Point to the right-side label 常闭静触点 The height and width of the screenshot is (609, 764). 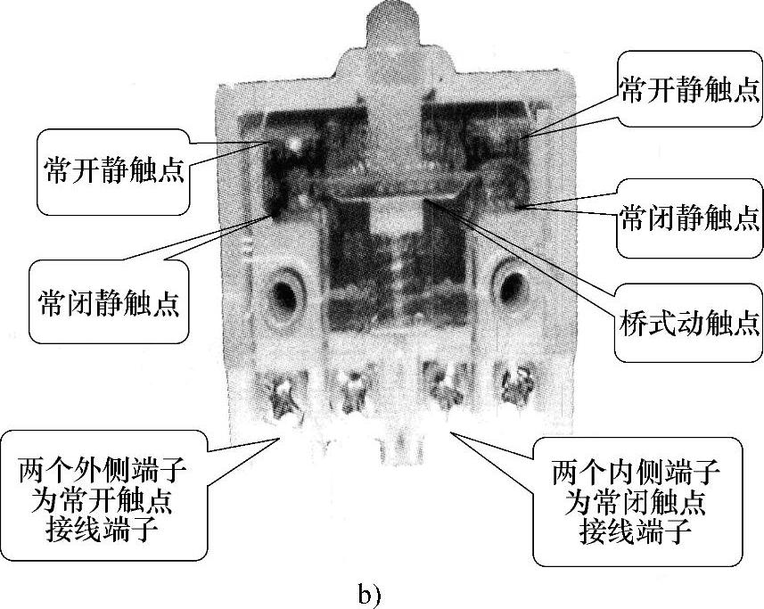coord(689,217)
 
